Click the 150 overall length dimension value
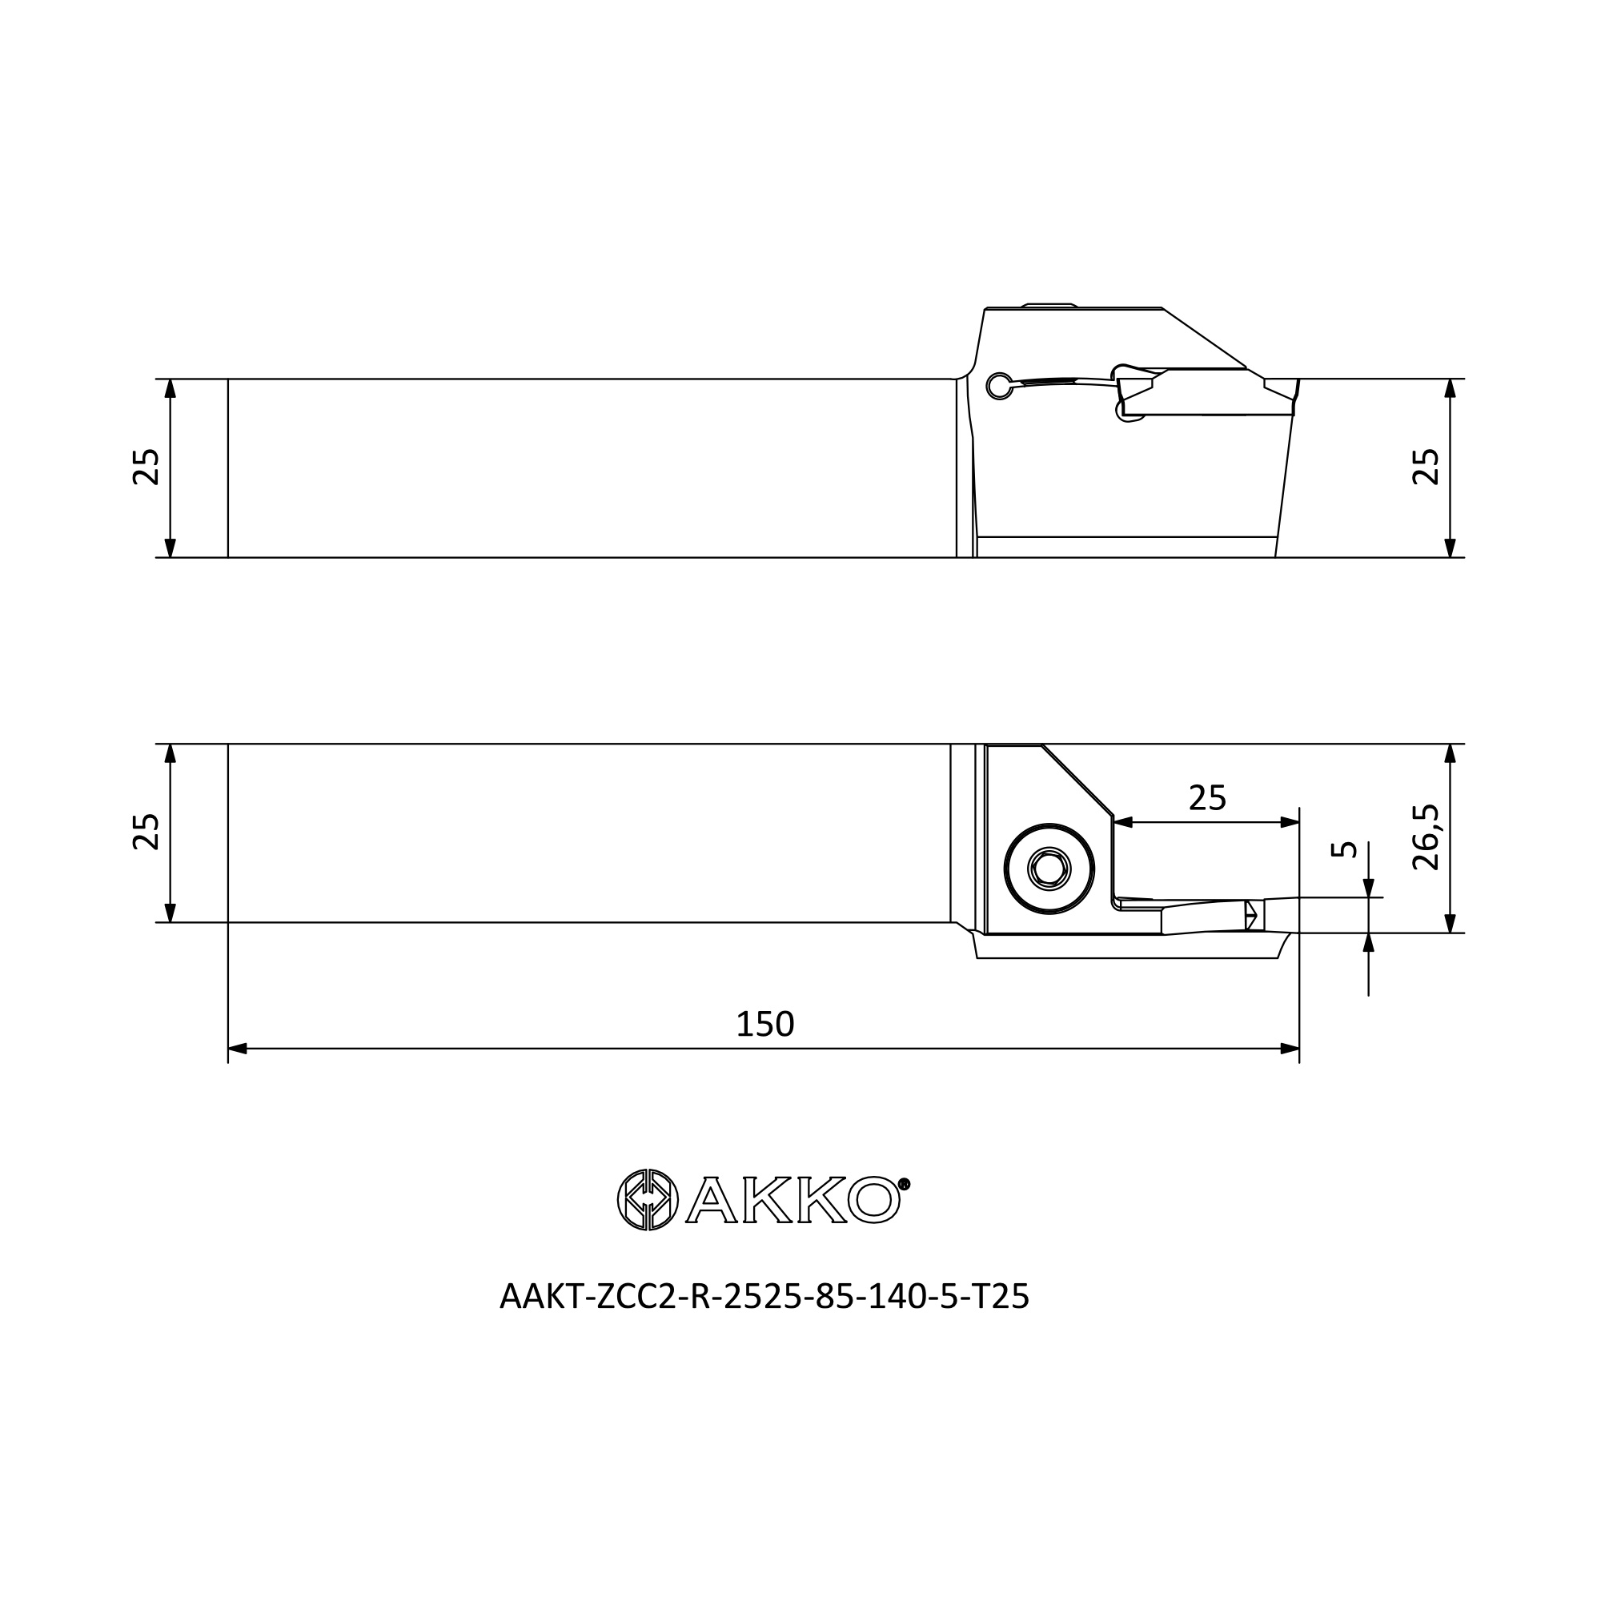(764, 1025)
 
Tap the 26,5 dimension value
(1426, 837)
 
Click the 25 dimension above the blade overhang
(1206, 798)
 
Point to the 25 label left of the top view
(146, 467)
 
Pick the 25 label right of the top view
(1426, 467)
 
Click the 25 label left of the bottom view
(146, 832)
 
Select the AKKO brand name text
(793, 1200)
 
